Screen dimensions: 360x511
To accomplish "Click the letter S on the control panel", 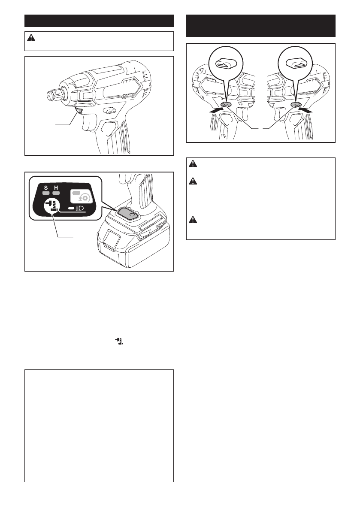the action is tap(46, 187).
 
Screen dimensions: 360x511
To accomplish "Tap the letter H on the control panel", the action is tap(56, 187).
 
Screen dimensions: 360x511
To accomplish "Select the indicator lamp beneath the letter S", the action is tap(46, 193).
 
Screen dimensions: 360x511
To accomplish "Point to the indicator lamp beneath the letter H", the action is tap(56, 193).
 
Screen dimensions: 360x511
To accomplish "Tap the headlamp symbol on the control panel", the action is tap(79, 208).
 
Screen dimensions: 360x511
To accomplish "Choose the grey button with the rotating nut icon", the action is tap(82, 196).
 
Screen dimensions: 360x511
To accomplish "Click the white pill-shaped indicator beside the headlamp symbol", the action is tap(71, 208).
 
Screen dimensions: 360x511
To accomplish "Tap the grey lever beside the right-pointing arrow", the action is tap(225, 105).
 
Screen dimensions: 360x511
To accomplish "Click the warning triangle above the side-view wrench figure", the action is tap(31, 38).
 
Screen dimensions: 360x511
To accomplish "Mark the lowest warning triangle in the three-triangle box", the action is tap(193, 220).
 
